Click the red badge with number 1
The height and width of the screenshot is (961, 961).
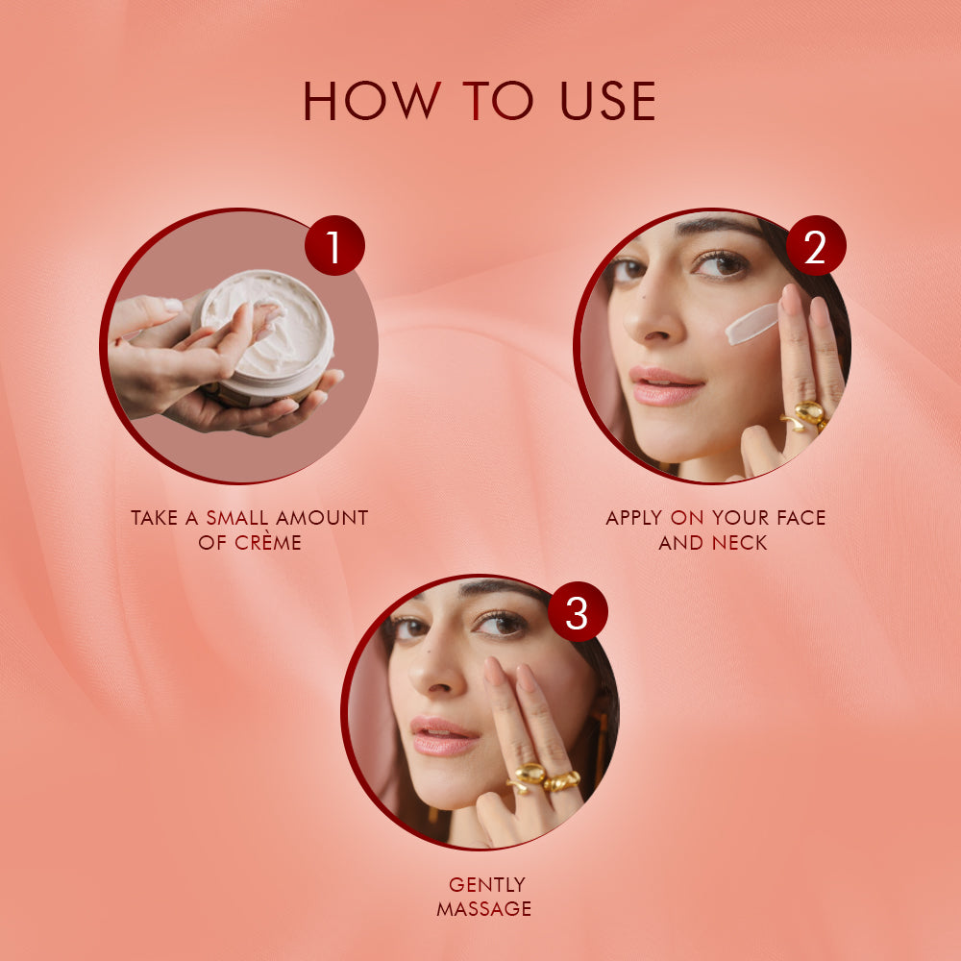(x=334, y=246)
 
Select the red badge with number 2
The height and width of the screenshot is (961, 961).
(x=815, y=246)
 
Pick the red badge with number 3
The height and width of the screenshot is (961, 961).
(x=577, y=612)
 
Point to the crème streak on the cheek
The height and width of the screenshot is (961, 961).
(x=752, y=324)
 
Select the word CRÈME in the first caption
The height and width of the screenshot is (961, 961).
(x=268, y=543)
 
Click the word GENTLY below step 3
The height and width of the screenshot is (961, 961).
(x=487, y=885)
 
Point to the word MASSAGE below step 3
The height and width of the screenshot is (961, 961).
(x=483, y=909)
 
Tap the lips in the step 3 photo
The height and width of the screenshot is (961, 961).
(x=444, y=736)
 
